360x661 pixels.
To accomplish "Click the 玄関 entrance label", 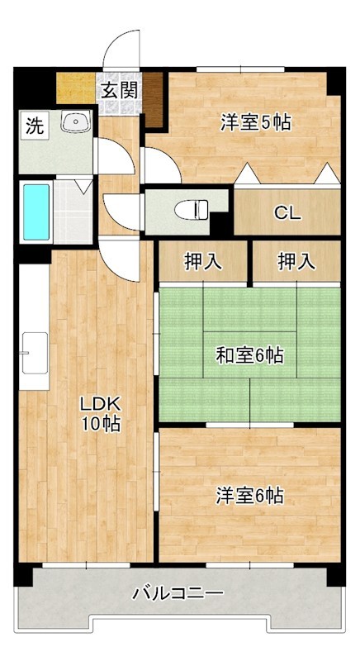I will tap(120, 90).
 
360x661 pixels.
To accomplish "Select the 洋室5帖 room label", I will tap(255, 122).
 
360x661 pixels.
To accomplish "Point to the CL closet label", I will tap(287, 213).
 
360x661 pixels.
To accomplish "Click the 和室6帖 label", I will tap(250, 355).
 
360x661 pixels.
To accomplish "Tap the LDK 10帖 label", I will tap(100, 414).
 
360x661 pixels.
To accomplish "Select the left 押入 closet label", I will tap(202, 262).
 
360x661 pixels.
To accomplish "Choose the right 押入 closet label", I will tap(296, 262).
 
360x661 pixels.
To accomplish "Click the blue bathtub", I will tap(36, 211).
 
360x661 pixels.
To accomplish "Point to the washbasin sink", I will tap(77, 123).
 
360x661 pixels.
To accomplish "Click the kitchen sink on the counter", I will tap(35, 350).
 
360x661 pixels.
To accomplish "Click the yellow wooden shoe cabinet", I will tap(76, 87).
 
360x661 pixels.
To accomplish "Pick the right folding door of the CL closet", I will tap(327, 174).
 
